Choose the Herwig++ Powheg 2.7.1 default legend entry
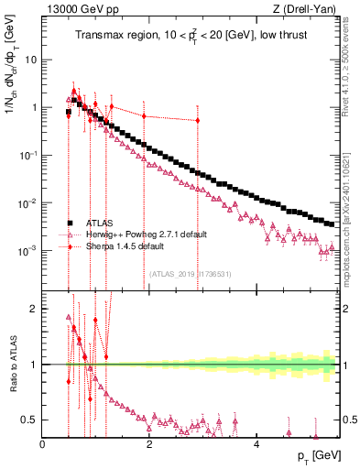140,234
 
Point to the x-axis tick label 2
149,443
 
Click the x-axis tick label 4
256,443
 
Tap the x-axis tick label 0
43,443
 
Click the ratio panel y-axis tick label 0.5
29,420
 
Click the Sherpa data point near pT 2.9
197,120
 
